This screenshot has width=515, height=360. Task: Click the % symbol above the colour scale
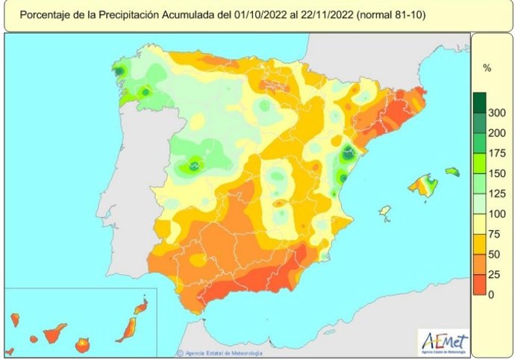click(487, 69)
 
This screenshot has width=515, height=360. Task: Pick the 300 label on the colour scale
click(497, 114)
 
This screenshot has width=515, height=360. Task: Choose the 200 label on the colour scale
click(497, 134)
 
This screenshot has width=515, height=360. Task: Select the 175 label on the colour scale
click(497, 154)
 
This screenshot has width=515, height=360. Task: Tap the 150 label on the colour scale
click(497, 174)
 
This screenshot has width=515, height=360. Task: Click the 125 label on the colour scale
click(497, 194)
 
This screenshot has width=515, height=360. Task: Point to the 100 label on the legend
click(497, 214)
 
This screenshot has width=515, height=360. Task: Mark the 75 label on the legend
click(495, 235)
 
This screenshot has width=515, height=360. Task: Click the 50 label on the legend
click(495, 255)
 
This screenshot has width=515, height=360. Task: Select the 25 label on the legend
click(495, 275)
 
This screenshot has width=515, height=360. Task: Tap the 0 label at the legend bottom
click(492, 295)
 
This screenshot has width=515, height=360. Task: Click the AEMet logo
click(445, 341)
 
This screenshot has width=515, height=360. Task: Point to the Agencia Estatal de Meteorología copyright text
click(216, 353)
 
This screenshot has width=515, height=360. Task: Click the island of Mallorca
click(423, 187)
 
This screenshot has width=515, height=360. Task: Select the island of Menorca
click(452, 172)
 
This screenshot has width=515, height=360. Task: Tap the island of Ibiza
click(385, 212)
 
